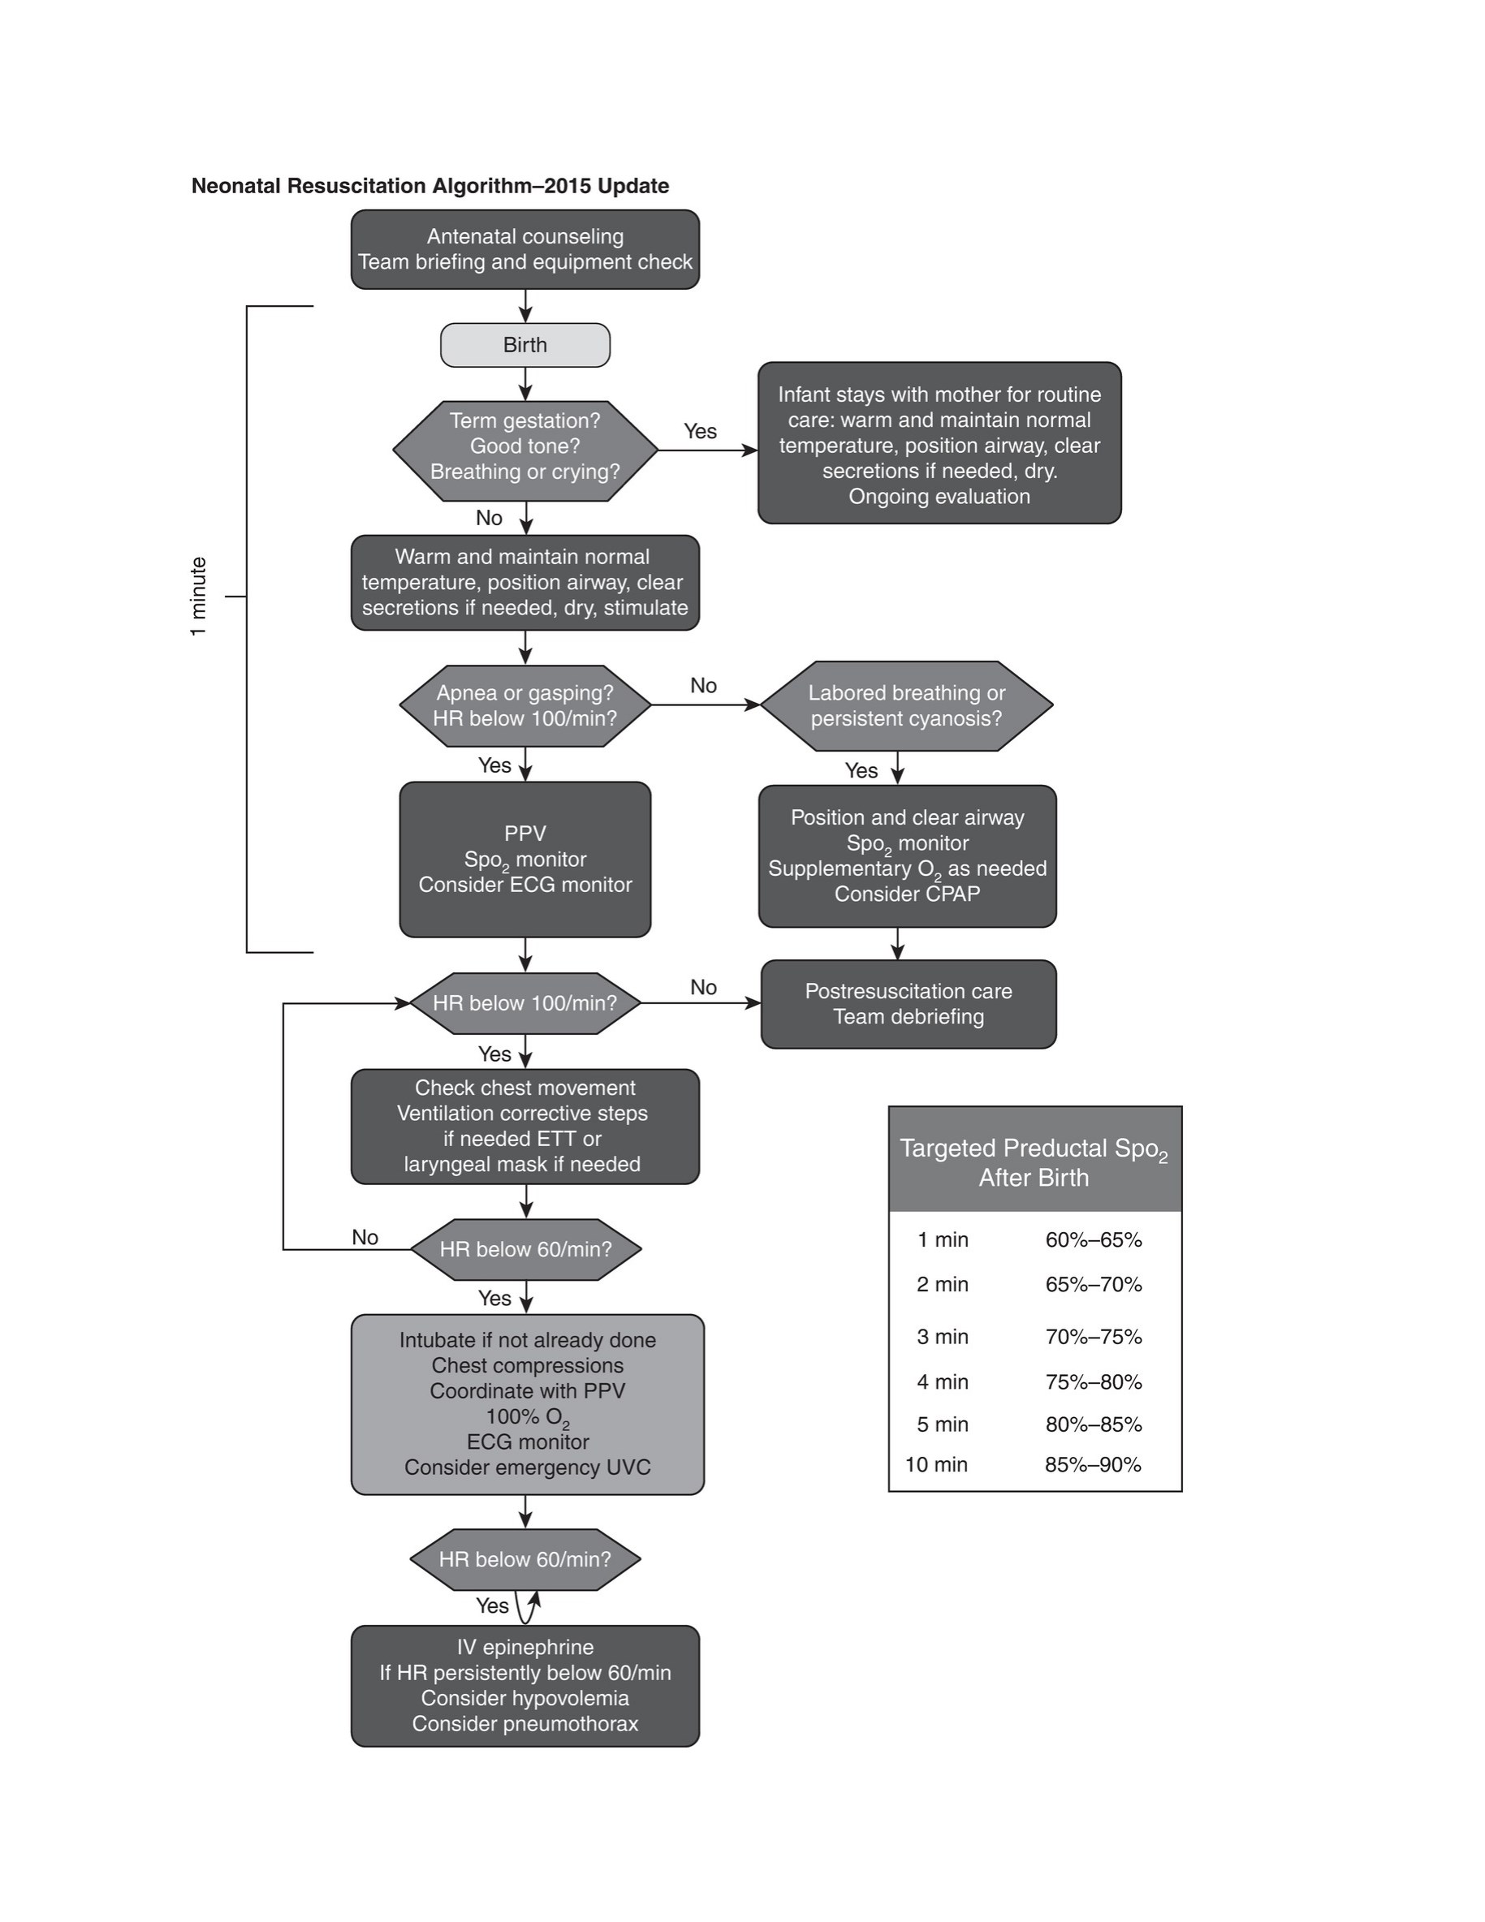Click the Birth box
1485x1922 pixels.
point(524,345)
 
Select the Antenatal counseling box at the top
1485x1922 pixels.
point(524,249)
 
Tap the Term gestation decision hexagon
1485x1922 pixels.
point(524,450)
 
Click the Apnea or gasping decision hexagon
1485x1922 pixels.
point(524,706)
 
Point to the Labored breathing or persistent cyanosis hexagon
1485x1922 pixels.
point(907,706)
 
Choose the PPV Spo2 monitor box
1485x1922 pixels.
point(524,859)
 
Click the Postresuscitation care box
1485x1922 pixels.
point(909,1004)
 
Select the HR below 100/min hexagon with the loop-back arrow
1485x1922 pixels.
point(524,1003)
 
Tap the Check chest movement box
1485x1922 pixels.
point(524,1127)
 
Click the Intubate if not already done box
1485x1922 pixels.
point(527,1404)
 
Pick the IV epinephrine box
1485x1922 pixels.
point(524,1685)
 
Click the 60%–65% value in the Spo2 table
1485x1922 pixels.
point(1094,1240)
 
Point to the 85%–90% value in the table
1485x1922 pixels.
point(1094,1464)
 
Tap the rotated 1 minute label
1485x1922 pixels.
point(199,597)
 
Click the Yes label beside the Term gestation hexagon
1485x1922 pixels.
point(701,431)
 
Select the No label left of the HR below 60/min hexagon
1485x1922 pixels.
point(365,1237)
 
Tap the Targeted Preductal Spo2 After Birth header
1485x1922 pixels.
point(1034,1162)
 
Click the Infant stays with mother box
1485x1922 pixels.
point(939,442)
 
